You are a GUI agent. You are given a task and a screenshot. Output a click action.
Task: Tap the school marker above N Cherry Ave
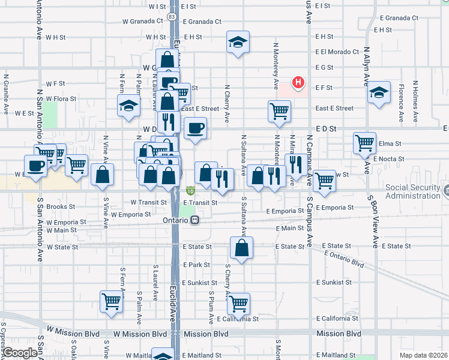tap(238, 43)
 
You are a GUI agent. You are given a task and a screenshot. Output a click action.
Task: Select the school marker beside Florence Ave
tap(379, 93)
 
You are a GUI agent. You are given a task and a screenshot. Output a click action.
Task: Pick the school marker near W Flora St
tap(128, 106)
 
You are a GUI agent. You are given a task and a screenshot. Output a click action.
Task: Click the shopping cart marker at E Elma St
tap(364, 143)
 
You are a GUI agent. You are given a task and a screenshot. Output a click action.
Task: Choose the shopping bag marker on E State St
tap(241, 248)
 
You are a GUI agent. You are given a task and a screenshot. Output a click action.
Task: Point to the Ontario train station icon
tap(194, 220)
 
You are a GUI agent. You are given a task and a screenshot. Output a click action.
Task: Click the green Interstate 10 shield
tap(190, 190)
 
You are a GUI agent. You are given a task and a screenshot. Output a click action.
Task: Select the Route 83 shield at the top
tap(173, 18)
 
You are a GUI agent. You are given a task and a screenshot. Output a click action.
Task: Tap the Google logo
tap(19, 352)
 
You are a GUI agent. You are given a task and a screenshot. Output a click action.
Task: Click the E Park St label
tap(197, 265)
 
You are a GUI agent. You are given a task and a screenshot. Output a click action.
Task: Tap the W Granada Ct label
tap(142, 21)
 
